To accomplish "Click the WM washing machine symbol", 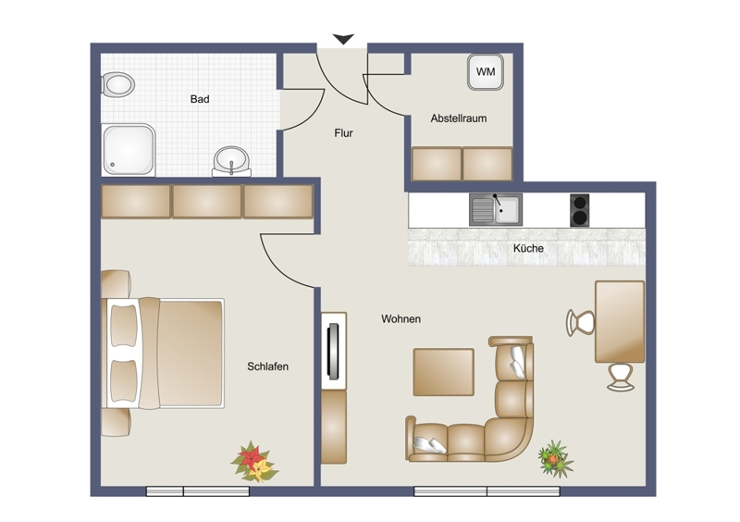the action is click(485, 72).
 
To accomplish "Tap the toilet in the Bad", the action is click(118, 85).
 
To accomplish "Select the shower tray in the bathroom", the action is click(129, 150).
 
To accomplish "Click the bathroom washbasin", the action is click(231, 162).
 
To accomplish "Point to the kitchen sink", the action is click(496, 209).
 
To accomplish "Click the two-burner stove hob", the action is click(580, 210).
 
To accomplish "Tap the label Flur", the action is click(343, 133).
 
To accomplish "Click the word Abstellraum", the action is click(458, 118).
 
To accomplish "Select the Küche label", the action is click(528, 248).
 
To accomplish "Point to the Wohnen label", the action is click(401, 319).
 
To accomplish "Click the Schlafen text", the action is click(267, 367).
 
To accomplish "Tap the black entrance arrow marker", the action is click(343, 39).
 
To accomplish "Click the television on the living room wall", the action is click(334, 351).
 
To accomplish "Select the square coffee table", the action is click(444, 372).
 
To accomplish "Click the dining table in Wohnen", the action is click(620, 322).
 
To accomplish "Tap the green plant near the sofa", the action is click(556, 458).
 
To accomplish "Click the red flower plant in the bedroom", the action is click(255, 462).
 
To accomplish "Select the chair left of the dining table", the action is click(581, 323).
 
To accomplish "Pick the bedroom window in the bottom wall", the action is click(198, 491).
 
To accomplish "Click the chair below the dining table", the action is click(621, 377).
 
